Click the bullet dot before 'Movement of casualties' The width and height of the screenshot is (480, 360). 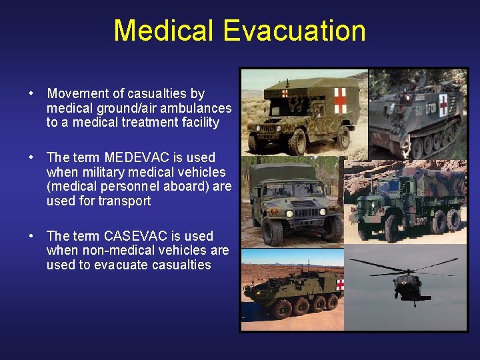coord(31,94)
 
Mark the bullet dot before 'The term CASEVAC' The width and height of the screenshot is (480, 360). coord(31,236)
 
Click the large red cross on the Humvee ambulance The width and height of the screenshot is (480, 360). coord(340,100)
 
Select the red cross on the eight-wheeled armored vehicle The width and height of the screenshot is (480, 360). coord(341,285)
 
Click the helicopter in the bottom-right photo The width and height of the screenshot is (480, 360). coord(407,283)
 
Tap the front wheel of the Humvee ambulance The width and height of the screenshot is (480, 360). coord(297,141)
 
